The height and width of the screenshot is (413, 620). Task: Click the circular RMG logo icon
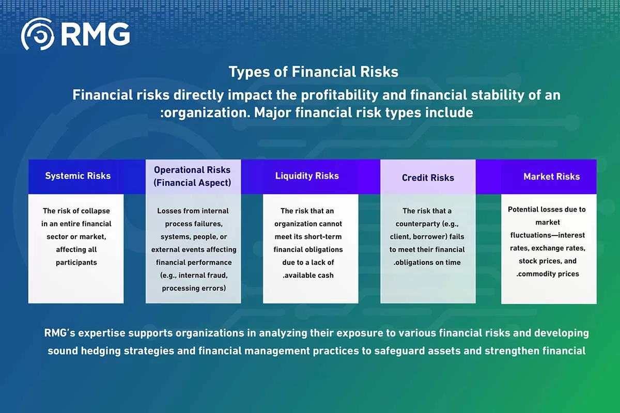point(38,34)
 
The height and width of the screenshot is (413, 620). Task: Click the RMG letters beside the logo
point(95,34)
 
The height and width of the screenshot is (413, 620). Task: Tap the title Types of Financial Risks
point(313,72)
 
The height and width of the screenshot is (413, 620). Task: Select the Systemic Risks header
point(78,176)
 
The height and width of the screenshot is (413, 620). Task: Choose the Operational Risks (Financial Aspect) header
point(192,176)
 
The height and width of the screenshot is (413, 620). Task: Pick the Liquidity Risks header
point(307,176)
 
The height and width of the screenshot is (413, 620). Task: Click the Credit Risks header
point(428,178)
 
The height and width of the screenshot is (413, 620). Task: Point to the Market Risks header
point(552,177)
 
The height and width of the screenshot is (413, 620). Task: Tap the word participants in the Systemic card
point(76,263)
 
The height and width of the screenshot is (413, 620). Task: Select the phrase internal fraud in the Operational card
point(203,275)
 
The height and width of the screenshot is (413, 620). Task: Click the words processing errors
point(194,288)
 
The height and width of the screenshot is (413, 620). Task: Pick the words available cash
point(308,275)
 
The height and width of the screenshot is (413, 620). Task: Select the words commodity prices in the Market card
point(548,274)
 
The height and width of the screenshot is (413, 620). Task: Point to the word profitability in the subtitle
point(339,95)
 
